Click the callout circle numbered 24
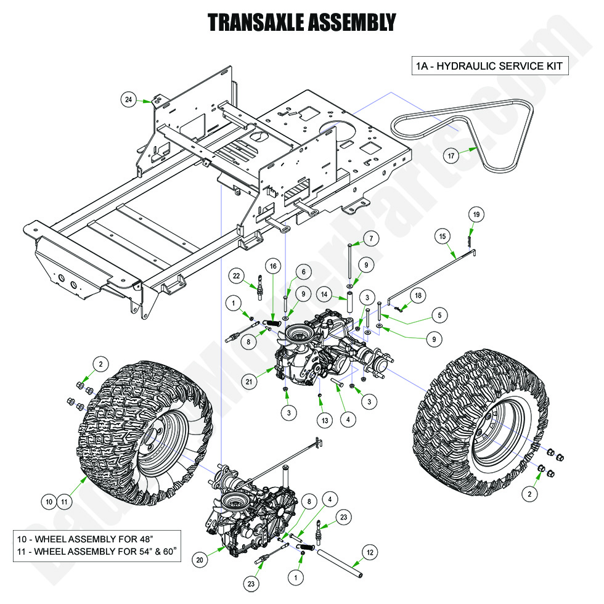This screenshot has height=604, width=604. pyautogui.click(x=128, y=99)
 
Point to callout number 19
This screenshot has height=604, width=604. pyautogui.click(x=476, y=214)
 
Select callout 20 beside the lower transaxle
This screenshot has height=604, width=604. pyautogui.click(x=200, y=560)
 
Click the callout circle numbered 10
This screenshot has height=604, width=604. pyautogui.click(x=49, y=502)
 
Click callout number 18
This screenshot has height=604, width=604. pyautogui.click(x=418, y=296)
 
